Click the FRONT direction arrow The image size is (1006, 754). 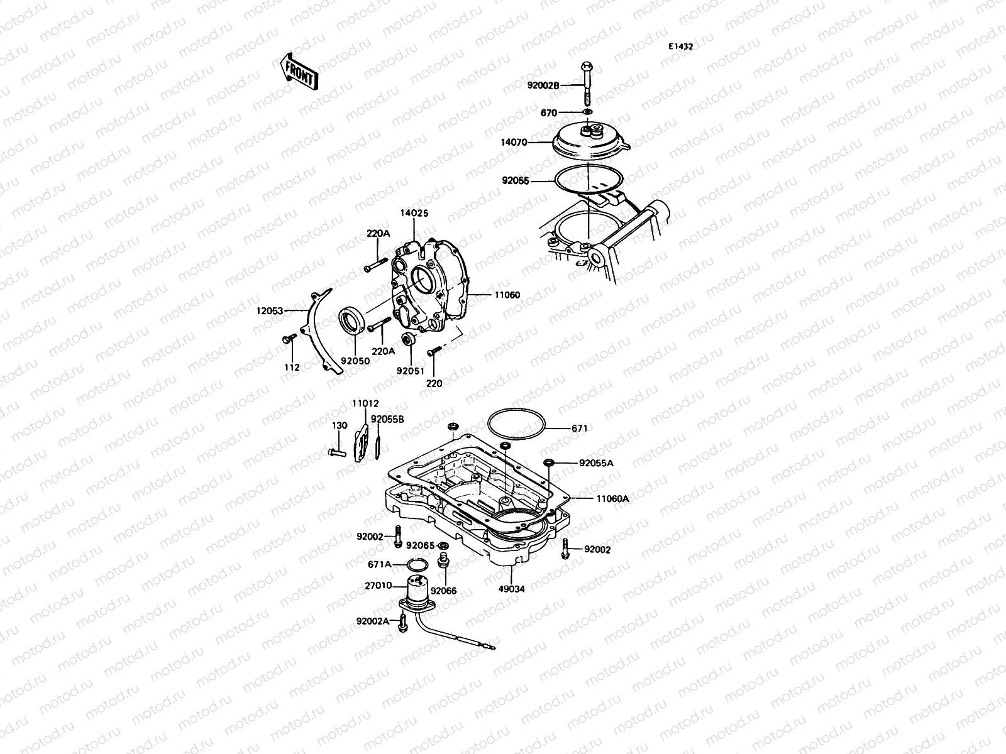299,70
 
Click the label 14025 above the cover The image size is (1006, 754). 415,214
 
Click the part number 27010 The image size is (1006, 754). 379,586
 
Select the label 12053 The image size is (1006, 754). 270,310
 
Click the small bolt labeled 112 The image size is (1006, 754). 290,339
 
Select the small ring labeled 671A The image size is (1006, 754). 416,564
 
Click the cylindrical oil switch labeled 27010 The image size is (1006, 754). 417,589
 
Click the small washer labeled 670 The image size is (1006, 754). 587,113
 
